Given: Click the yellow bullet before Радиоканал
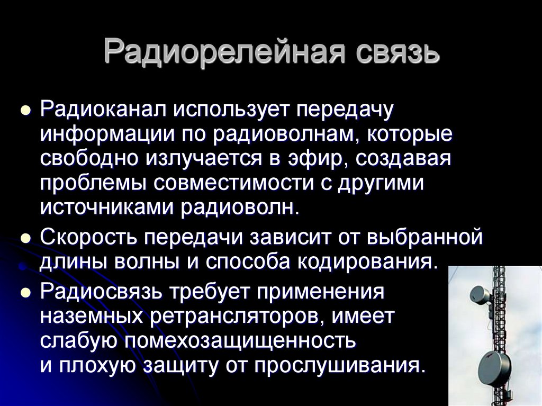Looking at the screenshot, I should click(24, 111).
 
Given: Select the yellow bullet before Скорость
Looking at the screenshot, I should click(24, 238).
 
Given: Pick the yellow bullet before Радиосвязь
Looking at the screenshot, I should click(24, 293).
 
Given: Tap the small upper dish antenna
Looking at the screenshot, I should click(480, 294).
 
